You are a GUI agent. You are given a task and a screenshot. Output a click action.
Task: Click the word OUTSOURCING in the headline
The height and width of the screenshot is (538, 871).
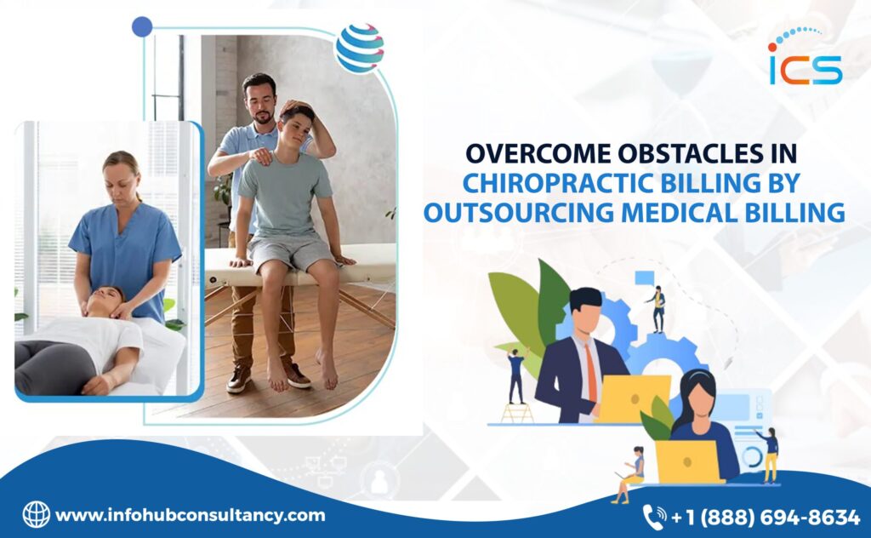click(x=518, y=213)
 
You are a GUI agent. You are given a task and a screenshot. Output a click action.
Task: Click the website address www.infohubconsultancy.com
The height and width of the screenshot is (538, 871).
click(x=190, y=515)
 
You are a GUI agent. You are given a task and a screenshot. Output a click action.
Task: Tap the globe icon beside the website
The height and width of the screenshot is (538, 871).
click(x=36, y=514)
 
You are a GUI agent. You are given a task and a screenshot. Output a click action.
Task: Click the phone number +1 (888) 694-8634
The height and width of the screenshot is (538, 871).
click(x=766, y=518)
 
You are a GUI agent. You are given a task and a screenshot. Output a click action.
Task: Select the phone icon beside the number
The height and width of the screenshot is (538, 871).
click(x=654, y=517)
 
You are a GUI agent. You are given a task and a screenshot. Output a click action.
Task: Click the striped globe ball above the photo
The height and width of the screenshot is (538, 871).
click(x=360, y=48)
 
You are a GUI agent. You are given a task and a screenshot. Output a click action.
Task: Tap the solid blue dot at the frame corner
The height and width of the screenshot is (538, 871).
click(x=142, y=26)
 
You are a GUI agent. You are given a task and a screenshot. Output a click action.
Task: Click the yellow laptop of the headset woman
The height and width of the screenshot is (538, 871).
click(x=688, y=461)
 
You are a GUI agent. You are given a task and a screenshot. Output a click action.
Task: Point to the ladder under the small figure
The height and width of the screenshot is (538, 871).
click(x=517, y=412)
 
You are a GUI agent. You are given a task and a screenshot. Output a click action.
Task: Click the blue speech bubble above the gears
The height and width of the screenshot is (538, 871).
click(x=645, y=278)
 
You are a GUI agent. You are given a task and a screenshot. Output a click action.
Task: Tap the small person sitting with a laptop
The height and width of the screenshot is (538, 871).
click(x=630, y=475)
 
